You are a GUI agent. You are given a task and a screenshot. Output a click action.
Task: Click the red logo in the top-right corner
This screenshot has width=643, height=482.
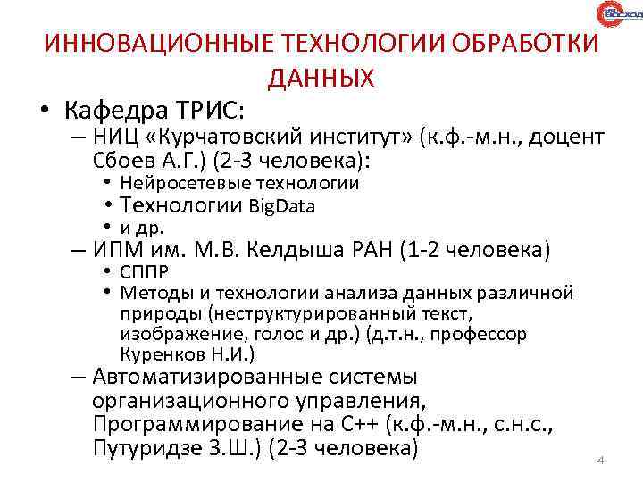pos(618,16)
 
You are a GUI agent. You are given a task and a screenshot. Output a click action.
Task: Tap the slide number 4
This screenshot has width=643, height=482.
pos(600,461)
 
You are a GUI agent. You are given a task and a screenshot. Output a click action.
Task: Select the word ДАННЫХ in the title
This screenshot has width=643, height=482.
pos(321,78)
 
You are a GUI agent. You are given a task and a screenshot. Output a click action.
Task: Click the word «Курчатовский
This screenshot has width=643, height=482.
pos(236,137)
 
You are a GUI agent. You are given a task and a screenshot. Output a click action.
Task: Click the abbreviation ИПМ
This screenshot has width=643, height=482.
pos(115,249)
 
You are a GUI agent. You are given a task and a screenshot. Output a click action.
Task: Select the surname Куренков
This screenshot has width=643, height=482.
pos(161,353)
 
